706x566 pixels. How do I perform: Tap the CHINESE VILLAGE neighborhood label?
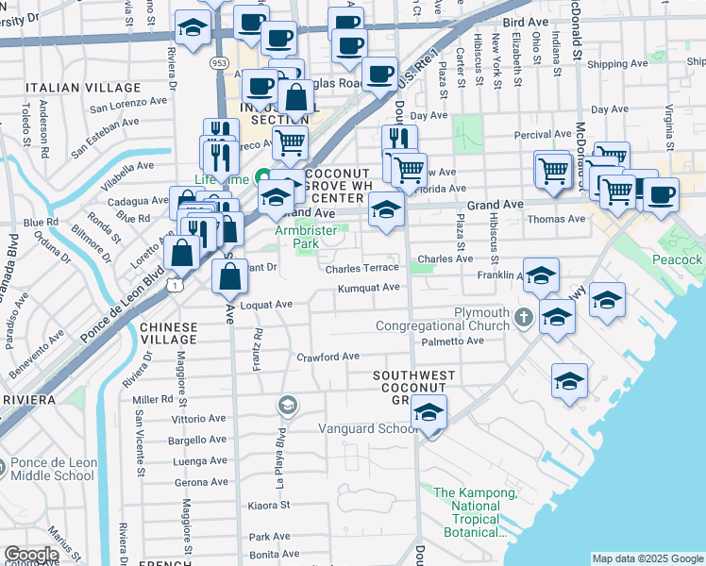(x=169, y=333)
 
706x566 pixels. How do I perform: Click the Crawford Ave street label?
(x=328, y=357)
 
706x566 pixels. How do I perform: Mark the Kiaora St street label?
(x=269, y=506)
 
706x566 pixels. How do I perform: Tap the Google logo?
(x=31, y=555)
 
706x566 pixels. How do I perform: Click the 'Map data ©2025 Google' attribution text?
(x=647, y=558)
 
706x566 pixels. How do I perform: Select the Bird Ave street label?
(x=526, y=21)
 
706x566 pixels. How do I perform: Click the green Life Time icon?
(x=263, y=177)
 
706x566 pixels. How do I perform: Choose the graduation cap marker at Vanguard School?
(x=429, y=414)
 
